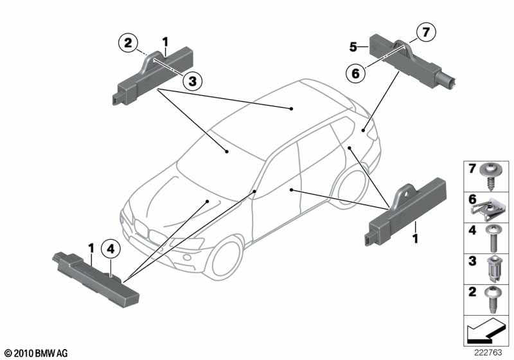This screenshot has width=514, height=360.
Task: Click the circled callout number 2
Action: [128, 43]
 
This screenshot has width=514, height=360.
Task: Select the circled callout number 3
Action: [192, 81]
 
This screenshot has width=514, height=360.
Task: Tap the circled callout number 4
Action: [111, 249]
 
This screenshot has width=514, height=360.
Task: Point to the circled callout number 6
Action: [356, 73]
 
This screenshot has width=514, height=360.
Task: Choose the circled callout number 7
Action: [426, 32]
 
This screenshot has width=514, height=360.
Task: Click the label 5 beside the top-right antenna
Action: [353, 47]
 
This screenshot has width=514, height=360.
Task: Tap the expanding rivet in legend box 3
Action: [492, 269]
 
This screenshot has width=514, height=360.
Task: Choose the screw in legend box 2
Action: [492, 300]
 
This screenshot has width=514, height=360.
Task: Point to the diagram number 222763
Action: [488, 352]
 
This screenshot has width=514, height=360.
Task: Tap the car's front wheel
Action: [226, 259]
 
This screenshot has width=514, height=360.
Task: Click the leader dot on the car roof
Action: [291, 109]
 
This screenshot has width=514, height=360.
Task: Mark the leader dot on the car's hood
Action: [207, 201]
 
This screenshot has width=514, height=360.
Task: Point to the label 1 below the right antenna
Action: [415, 238]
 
